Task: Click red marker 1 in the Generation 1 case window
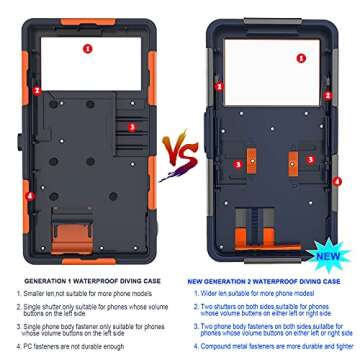[87, 47]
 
